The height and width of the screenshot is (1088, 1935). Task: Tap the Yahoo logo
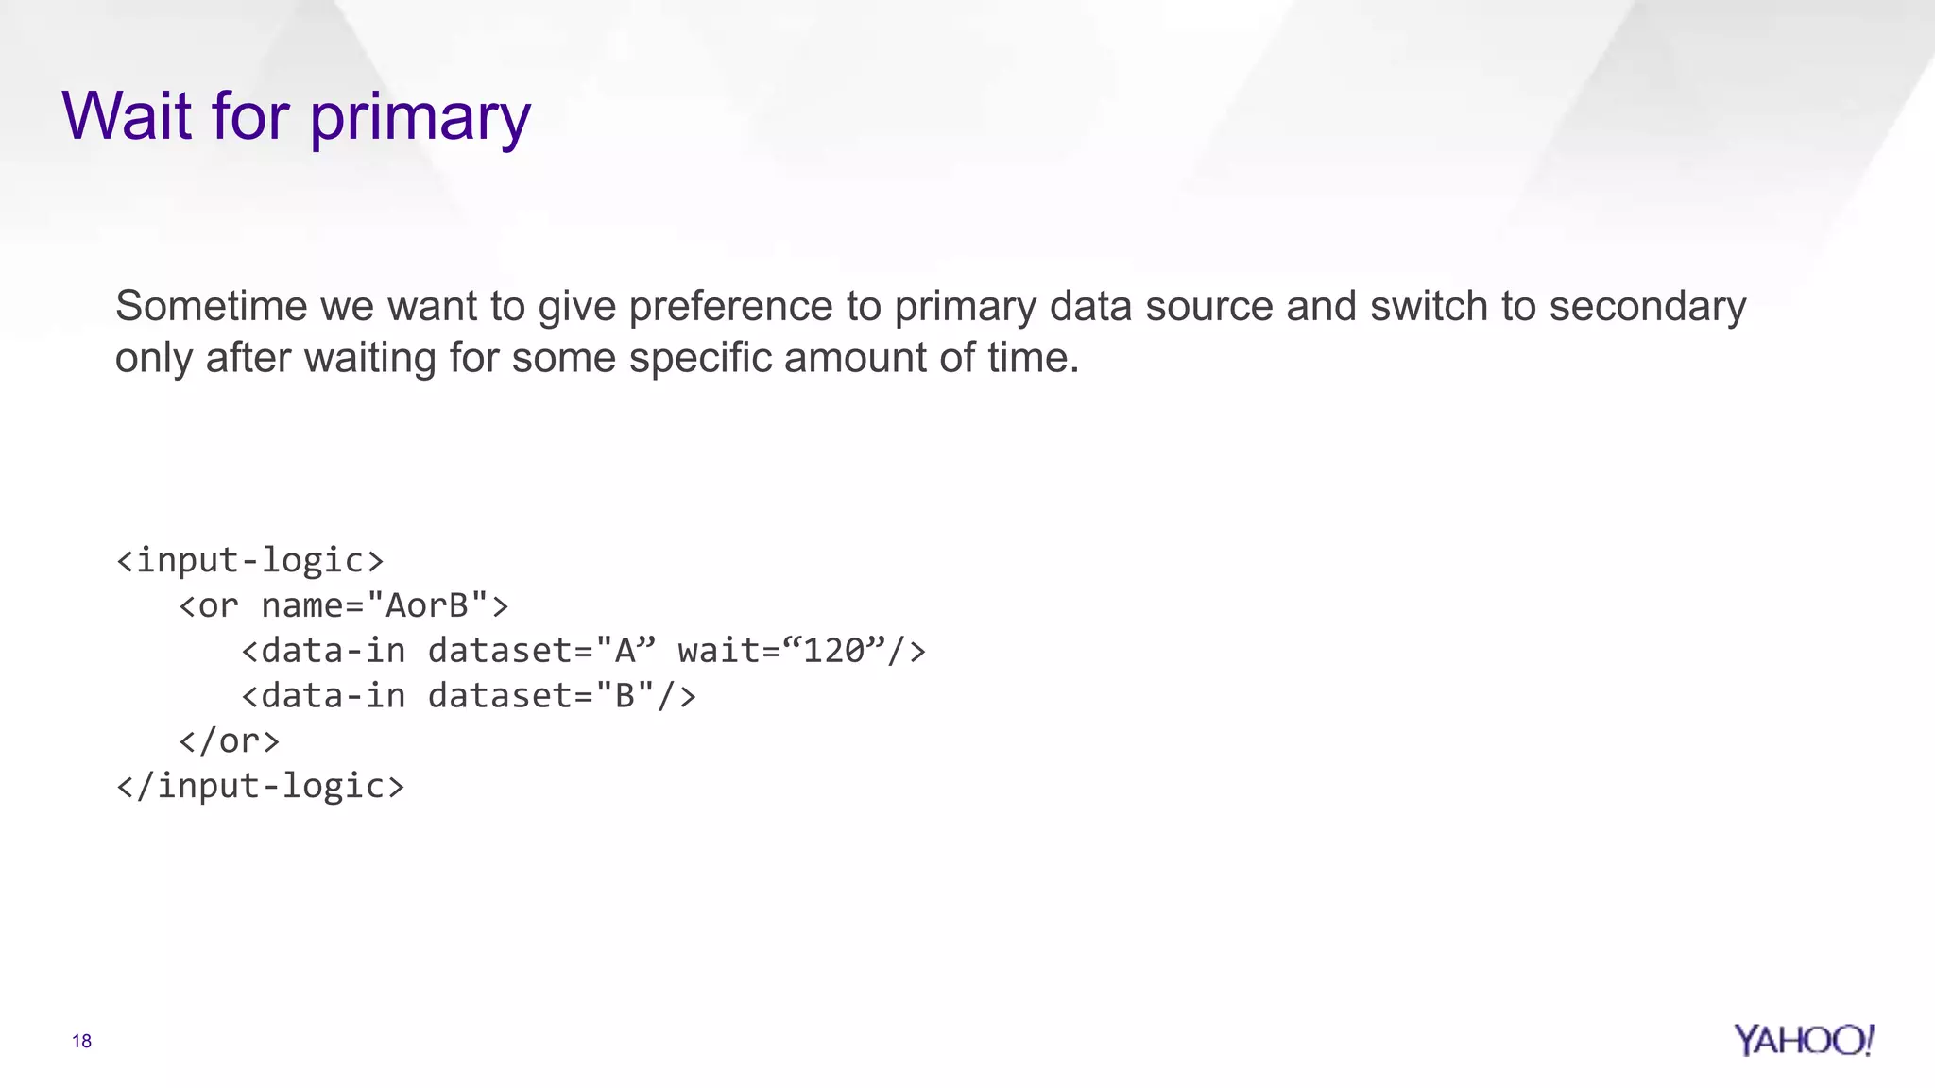click(x=1803, y=1040)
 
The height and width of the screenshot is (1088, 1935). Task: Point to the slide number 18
click(x=81, y=1041)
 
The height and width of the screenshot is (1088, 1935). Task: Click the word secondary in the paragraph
click(x=1648, y=307)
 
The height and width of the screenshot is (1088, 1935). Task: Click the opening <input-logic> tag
click(x=250, y=560)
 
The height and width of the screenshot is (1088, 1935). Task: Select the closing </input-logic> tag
click(x=261, y=786)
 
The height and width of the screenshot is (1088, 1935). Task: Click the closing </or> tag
click(x=230, y=740)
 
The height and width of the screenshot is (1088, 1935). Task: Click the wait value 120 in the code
click(x=834, y=651)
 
